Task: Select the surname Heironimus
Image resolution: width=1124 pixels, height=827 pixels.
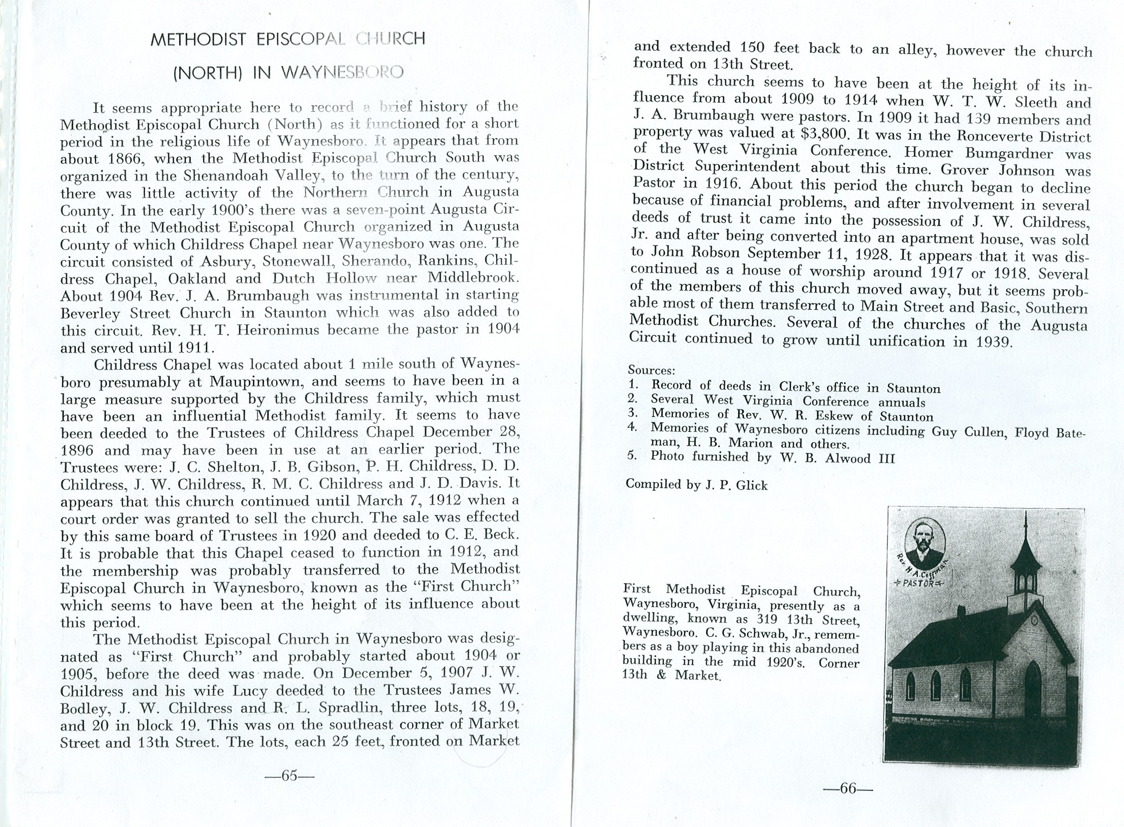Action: (x=278, y=330)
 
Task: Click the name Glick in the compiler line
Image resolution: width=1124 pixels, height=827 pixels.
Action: (x=752, y=486)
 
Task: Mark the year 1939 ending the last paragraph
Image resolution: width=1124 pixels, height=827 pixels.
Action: (x=994, y=341)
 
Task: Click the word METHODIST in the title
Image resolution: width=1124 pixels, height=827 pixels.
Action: (x=198, y=40)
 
